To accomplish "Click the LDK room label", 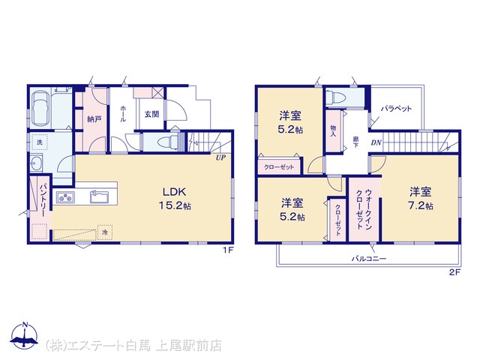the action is point(174,192).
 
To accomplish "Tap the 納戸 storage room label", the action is point(94,119).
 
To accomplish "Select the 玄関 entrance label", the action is point(151,115).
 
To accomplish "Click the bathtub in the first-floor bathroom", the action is point(40,109).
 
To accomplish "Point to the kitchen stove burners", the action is point(65,197).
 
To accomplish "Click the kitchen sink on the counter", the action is point(99,196).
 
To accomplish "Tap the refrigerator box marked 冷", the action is point(105,232).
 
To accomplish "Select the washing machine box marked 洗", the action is point(40,142).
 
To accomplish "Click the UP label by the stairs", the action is point(220,158).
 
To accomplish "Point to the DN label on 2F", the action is point(376,142).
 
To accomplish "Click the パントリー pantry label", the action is point(43,200).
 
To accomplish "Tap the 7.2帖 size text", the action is point(421,205).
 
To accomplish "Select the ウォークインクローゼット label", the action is point(364,209).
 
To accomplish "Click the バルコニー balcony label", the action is point(369,259).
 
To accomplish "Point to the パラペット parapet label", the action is point(397,109).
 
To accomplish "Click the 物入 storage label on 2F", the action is point(333,130).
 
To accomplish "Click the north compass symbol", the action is point(25,336).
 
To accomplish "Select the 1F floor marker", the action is point(228,250).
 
